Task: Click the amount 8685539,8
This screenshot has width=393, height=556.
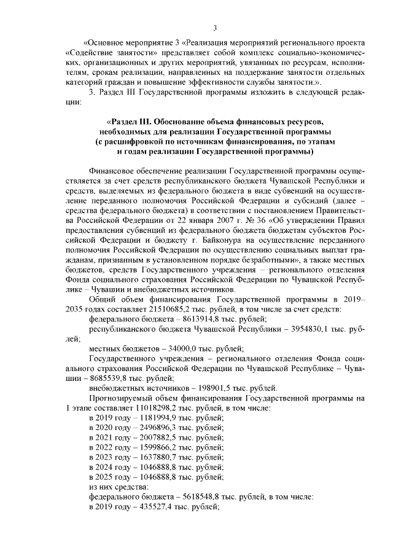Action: (101, 377)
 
